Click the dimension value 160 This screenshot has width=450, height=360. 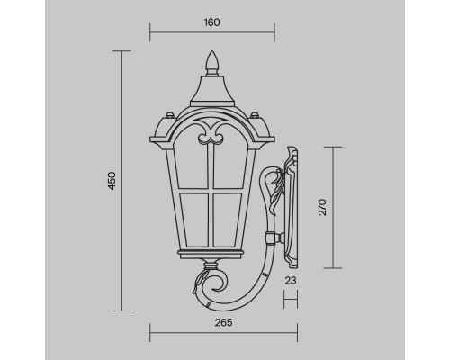(211, 22)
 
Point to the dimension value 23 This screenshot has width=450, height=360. (290, 281)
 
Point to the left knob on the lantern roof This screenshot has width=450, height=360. (169, 115)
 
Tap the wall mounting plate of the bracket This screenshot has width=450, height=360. (292, 207)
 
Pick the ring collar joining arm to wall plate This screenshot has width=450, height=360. (269, 238)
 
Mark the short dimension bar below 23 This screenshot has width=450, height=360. (291, 293)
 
